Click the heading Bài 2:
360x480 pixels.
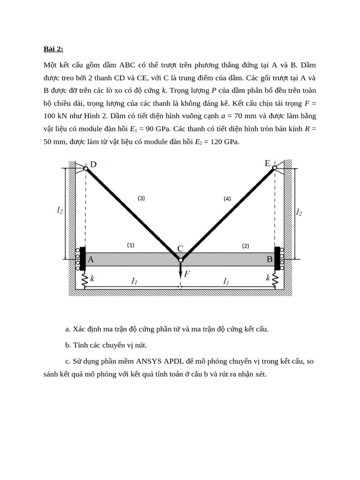click(53, 49)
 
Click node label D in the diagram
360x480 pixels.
click(93, 164)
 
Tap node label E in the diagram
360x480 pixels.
click(267, 163)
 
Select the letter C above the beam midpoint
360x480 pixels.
click(180, 248)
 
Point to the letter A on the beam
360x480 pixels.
click(91, 259)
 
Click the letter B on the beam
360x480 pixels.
click(270, 259)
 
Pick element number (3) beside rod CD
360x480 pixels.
click(141, 198)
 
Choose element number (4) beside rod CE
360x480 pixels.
click(227, 198)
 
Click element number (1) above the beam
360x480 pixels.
click(130, 245)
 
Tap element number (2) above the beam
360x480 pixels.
click(246, 245)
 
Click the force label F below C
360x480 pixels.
click(187, 274)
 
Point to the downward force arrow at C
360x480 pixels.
click(180, 270)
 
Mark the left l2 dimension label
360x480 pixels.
click(59, 211)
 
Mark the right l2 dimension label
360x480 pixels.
click(299, 212)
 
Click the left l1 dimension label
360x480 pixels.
click(134, 281)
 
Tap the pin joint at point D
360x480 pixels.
click(86, 168)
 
